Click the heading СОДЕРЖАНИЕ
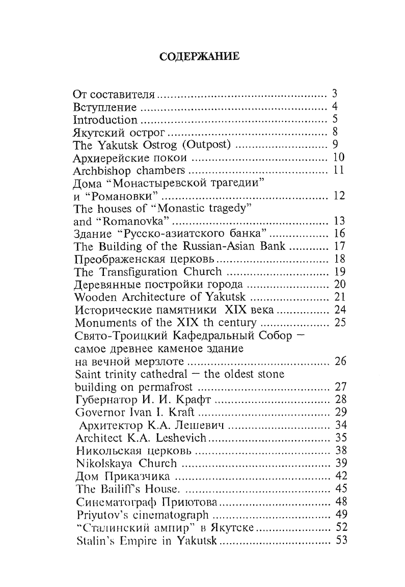[x=202, y=56]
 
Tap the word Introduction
[x=105, y=120]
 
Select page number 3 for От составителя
[x=335, y=94]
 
